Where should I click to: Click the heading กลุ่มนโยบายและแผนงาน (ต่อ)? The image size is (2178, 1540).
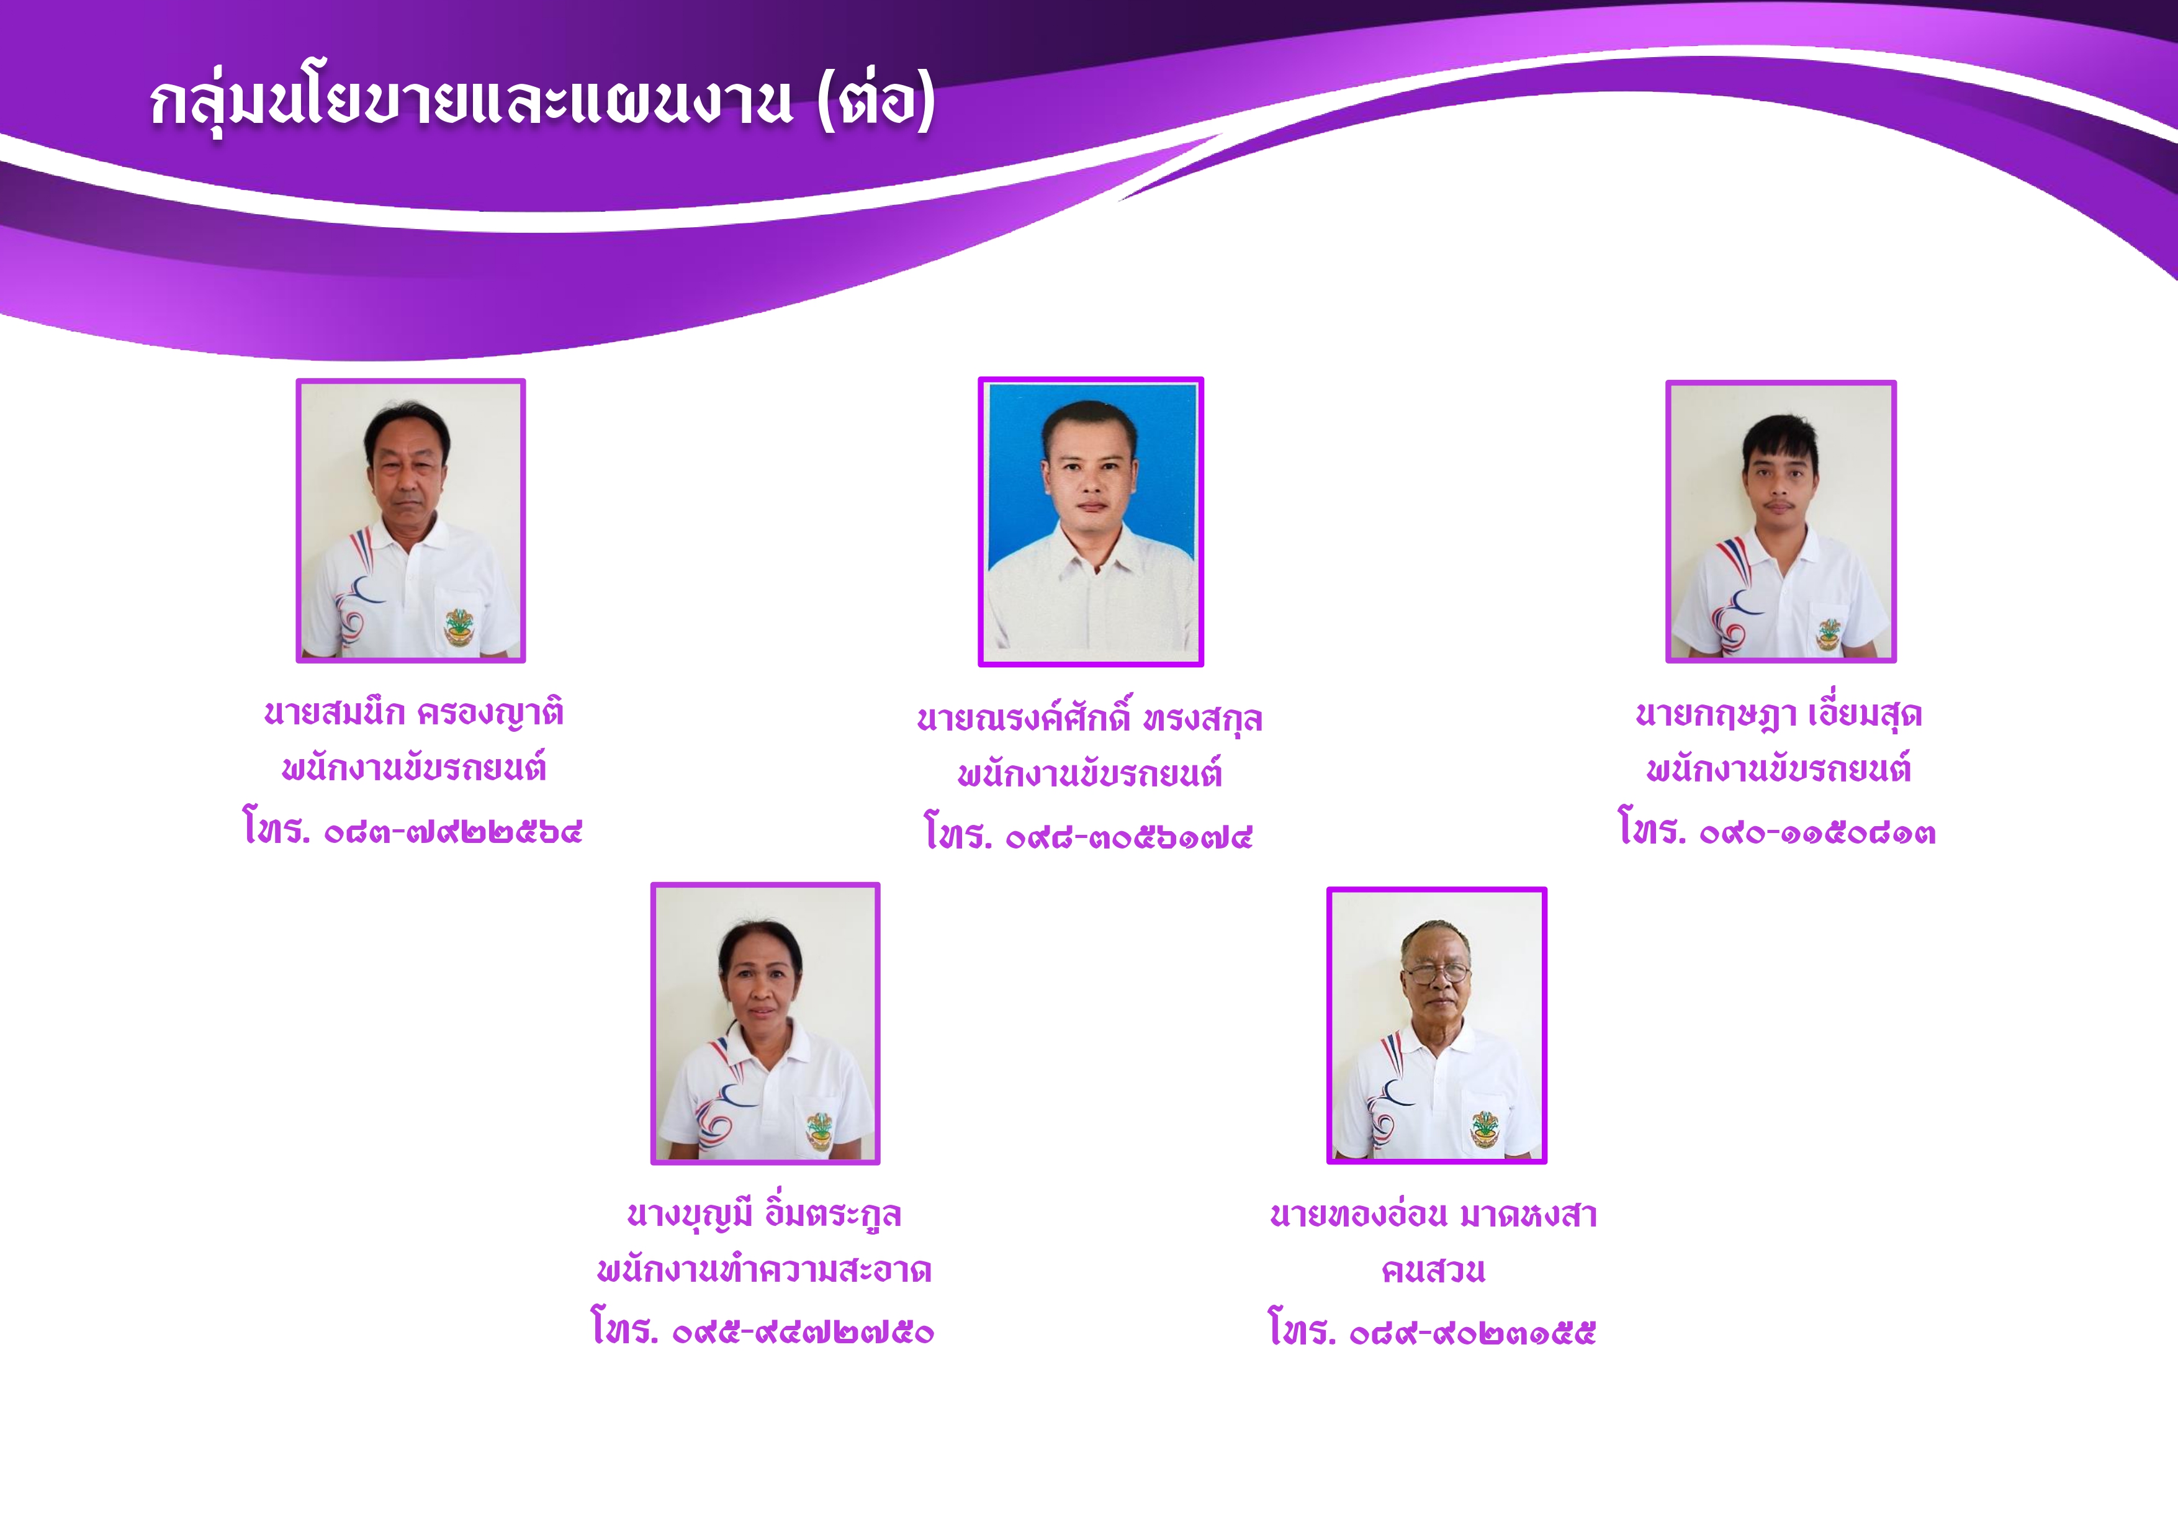point(542,102)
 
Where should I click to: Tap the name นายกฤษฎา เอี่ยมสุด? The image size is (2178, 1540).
point(1780,714)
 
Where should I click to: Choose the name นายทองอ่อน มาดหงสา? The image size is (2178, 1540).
point(1433,1215)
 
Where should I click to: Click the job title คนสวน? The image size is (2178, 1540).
point(1433,1271)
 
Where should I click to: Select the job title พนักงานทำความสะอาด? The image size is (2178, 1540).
point(765,1269)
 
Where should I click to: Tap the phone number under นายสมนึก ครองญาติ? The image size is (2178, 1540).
point(413,829)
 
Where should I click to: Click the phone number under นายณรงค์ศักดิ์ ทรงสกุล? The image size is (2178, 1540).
point(1089,834)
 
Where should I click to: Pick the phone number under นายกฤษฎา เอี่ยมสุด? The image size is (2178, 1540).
point(1777,829)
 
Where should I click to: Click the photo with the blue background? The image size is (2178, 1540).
point(1091,522)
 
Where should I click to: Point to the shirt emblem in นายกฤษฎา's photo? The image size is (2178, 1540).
point(1829,633)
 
